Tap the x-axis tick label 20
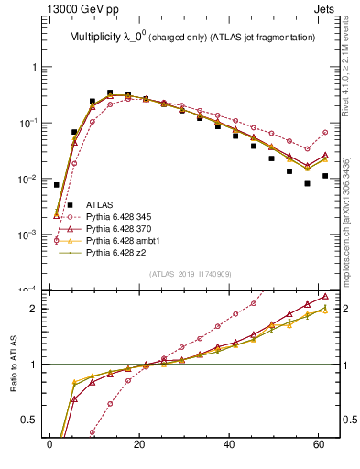137,446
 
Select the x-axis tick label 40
227,446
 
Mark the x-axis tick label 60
316,446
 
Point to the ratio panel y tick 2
34,309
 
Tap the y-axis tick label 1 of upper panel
34,67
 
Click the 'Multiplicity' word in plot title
95,37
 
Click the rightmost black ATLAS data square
325,175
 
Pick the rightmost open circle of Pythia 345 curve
325,132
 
